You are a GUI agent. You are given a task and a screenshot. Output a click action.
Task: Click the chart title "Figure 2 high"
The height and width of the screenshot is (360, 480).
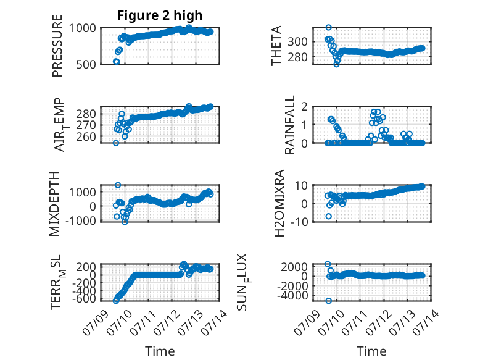point(160,15)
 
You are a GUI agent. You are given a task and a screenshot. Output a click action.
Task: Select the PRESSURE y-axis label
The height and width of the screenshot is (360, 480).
point(57,46)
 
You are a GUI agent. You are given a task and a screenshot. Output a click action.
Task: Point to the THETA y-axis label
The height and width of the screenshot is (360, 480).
point(276,46)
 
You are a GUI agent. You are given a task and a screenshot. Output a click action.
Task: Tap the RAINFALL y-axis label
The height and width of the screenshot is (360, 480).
point(289,124)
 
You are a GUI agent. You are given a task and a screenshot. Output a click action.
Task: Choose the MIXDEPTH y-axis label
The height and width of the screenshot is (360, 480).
point(54,203)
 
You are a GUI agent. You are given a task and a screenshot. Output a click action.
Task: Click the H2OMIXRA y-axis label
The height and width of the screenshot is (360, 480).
point(279,203)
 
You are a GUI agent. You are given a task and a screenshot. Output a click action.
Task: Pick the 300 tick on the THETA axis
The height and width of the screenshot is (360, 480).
point(297,41)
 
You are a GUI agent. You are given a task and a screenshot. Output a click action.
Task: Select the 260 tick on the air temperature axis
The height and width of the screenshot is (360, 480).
point(86,136)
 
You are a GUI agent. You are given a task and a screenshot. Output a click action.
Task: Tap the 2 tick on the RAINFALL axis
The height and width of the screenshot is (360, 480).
point(304,107)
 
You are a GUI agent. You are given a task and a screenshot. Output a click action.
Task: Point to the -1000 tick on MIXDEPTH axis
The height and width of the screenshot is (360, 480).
point(81,220)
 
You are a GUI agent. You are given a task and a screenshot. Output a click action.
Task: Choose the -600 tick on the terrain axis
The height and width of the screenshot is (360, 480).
point(84,299)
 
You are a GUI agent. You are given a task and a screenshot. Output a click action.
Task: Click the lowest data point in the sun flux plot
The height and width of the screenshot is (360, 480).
point(328,301)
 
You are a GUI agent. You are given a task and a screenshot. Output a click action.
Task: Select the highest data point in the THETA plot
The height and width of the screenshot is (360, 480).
point(328,28)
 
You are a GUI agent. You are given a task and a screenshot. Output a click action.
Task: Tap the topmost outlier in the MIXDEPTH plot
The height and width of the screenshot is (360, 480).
point(118,185)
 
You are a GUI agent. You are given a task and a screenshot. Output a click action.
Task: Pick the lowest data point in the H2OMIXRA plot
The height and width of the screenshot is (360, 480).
point(328,216)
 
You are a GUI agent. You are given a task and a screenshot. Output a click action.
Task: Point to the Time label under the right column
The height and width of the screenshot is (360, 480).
point(371,351)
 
